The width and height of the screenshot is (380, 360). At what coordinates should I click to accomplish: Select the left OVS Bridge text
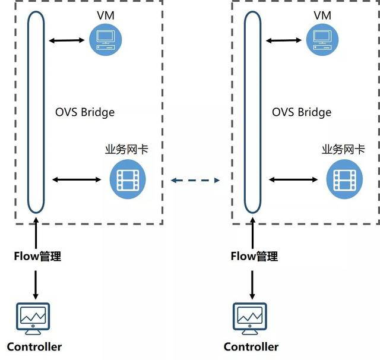click(x=85, y=112)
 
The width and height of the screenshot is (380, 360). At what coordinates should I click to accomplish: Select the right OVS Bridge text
click(x=302, y=112)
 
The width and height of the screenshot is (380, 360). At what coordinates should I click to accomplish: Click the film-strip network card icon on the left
click(x=128, y=179)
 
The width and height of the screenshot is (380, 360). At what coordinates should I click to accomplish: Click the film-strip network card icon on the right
click(x=344, y=179)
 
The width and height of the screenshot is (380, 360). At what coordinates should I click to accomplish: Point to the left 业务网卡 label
click(x=126, y=149)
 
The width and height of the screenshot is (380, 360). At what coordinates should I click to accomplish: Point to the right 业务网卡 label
click(x=343, y=149)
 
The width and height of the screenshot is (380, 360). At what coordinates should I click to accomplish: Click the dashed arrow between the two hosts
click(x=195, y=179)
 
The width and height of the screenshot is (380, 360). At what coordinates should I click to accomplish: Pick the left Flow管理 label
click(x=37, y=257)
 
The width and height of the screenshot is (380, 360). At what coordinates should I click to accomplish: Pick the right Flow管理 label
click(x=254, y=257)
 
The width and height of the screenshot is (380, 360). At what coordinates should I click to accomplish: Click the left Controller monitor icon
click(x=34, y=317)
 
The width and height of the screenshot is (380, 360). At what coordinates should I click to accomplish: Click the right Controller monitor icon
click(x=251, y=317)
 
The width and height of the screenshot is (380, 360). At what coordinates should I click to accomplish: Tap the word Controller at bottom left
click(x=34, y=346)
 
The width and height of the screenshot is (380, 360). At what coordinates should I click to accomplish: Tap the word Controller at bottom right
click(x=251, y=346)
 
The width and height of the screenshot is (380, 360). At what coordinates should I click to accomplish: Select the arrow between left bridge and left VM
click(x=67, y=40)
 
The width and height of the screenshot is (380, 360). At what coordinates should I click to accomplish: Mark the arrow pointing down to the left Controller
click(x=36, y=285)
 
